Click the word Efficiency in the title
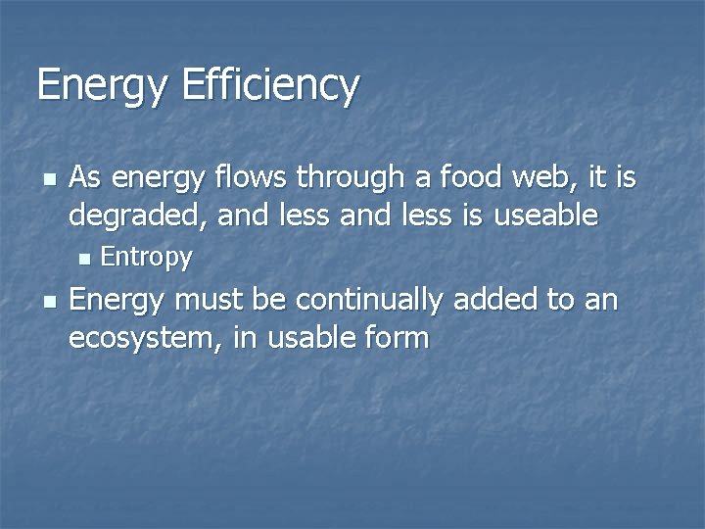pos(270,86)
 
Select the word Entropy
pos(147,258)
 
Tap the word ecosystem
pos(144,338)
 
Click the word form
pos(396,338)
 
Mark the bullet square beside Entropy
pos(83,260)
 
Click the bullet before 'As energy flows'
pos(48,179)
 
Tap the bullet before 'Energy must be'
pos(48,302)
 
